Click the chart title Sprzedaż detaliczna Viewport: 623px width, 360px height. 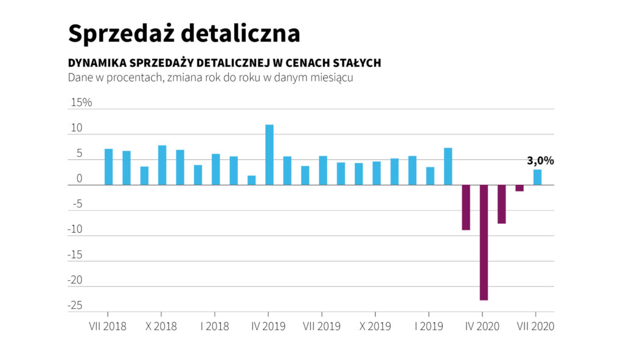click(184, 33)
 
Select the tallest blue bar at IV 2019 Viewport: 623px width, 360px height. click(269, 154)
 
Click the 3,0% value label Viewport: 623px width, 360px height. click(540, 161)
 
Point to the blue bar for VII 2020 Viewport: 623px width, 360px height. click(537, 177)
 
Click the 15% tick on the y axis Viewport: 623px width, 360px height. click(82, 102)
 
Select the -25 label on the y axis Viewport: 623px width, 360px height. click(75, 305)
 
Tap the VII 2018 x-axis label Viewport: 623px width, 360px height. click(108, 326)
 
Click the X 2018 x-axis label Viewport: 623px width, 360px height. click(161, 326)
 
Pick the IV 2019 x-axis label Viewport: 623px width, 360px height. click(269, 326)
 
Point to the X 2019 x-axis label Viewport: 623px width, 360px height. click(376, 326)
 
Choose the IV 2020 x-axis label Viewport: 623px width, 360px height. click(482, 326)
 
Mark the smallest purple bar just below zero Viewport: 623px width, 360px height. click(520, 188)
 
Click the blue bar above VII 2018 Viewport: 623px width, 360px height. click(108, 167)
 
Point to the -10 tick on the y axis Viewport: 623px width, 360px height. click(76, 229)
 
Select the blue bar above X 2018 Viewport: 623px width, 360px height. click(162, 165)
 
